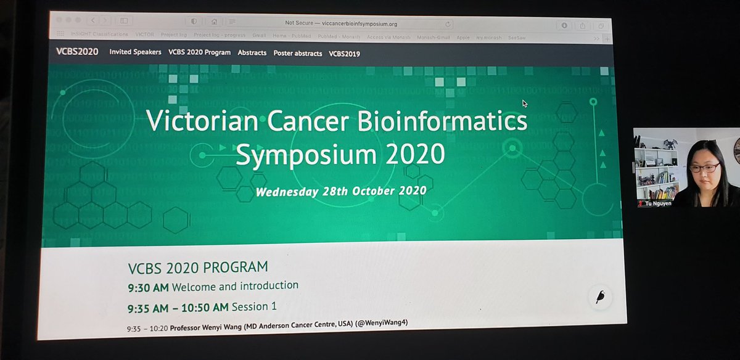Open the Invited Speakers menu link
coord(135,52)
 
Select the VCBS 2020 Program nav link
coord(199,52)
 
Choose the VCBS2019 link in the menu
coord(345,54)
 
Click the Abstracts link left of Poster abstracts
coord(252,53)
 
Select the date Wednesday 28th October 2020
coord(341,191)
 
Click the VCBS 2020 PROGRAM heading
coord(198,268)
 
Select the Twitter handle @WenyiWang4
coord(383,322)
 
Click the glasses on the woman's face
coord(704,168)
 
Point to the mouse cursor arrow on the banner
coord(524,104)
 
